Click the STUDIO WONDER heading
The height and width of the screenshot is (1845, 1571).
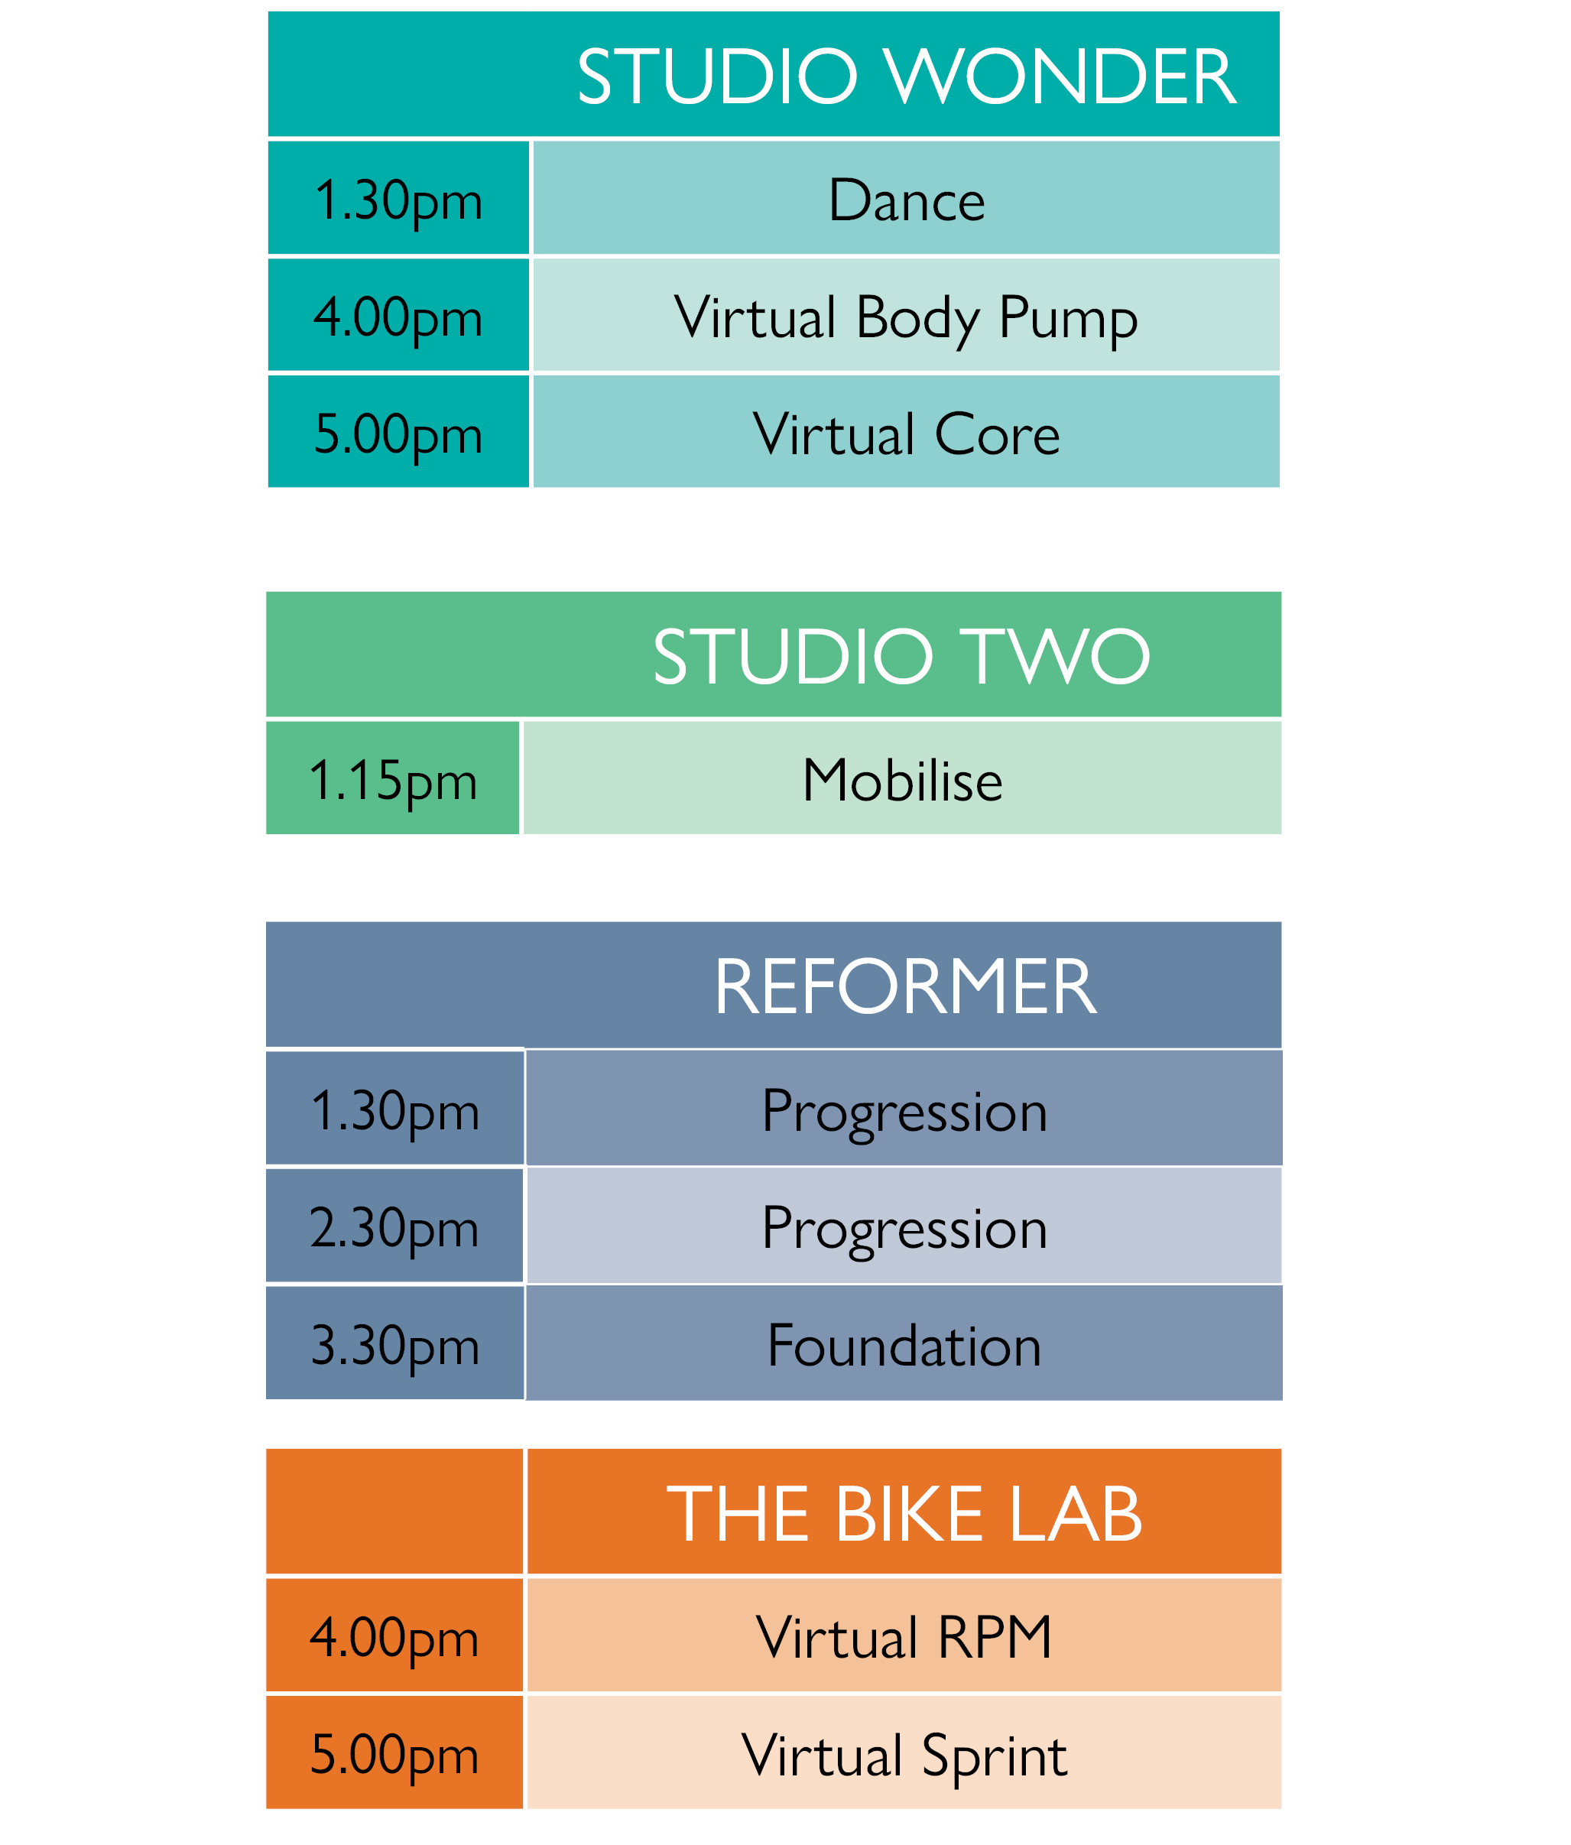tap(906, 76)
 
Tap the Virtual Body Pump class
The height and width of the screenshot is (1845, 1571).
tap(906, 318)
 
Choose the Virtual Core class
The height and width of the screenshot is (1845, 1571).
tap(906, 434)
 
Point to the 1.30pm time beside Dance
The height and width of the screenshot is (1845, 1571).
tap(398, 201)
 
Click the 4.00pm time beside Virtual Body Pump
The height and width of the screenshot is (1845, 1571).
tap(398, 319)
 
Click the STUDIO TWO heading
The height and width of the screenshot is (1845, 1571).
tap(901, 656)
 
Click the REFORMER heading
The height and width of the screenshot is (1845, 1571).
tap(904, 986)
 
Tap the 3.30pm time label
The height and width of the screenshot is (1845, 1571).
tap(394, 1346)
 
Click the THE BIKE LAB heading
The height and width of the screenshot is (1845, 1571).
tap(904, 1514)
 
